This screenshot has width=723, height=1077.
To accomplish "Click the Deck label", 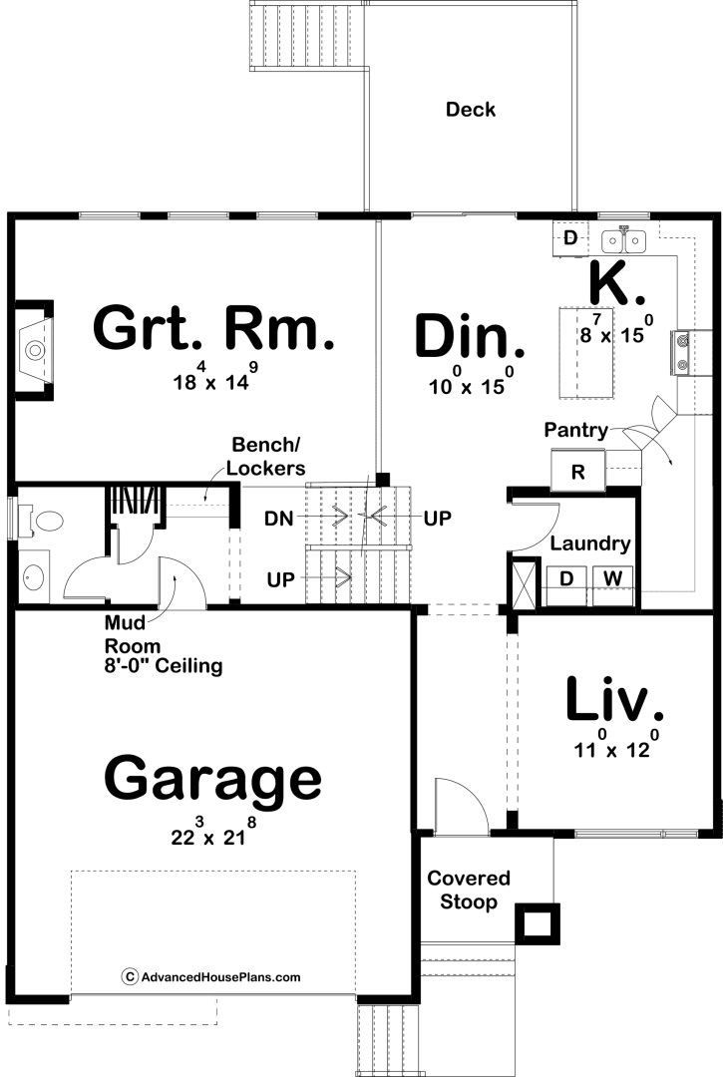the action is [471, 110].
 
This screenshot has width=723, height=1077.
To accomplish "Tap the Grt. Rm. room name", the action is [213, 329].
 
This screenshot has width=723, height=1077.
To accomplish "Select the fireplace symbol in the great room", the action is [34, 350].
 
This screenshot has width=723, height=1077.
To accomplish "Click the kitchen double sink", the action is [624, 240].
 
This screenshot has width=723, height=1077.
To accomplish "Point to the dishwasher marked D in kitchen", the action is [569, 238].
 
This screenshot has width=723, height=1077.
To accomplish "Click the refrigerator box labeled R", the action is [577, 471].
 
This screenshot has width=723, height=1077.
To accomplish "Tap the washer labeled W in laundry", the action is [613, 577].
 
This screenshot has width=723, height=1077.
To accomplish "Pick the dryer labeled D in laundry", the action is [566, 577].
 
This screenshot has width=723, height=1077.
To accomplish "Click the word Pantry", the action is [576, 431].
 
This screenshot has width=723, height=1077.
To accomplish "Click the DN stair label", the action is [279, 519].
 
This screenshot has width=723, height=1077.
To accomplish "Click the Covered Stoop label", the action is [469, 890].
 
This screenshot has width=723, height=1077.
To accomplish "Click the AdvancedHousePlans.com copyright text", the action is [211, 976].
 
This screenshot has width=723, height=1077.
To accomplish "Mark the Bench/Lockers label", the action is [265, 456].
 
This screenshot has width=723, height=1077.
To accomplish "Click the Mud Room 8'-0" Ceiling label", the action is [164, 644].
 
